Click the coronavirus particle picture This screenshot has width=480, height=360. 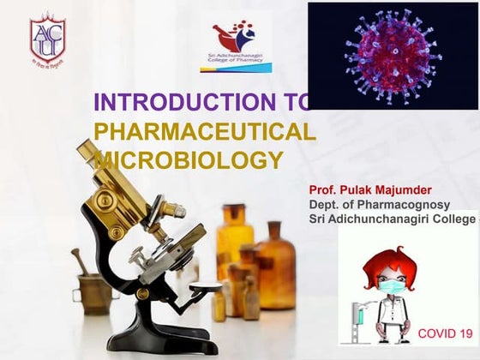tap(392, 55)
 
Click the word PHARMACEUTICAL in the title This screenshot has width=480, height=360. tap(204, 131)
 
